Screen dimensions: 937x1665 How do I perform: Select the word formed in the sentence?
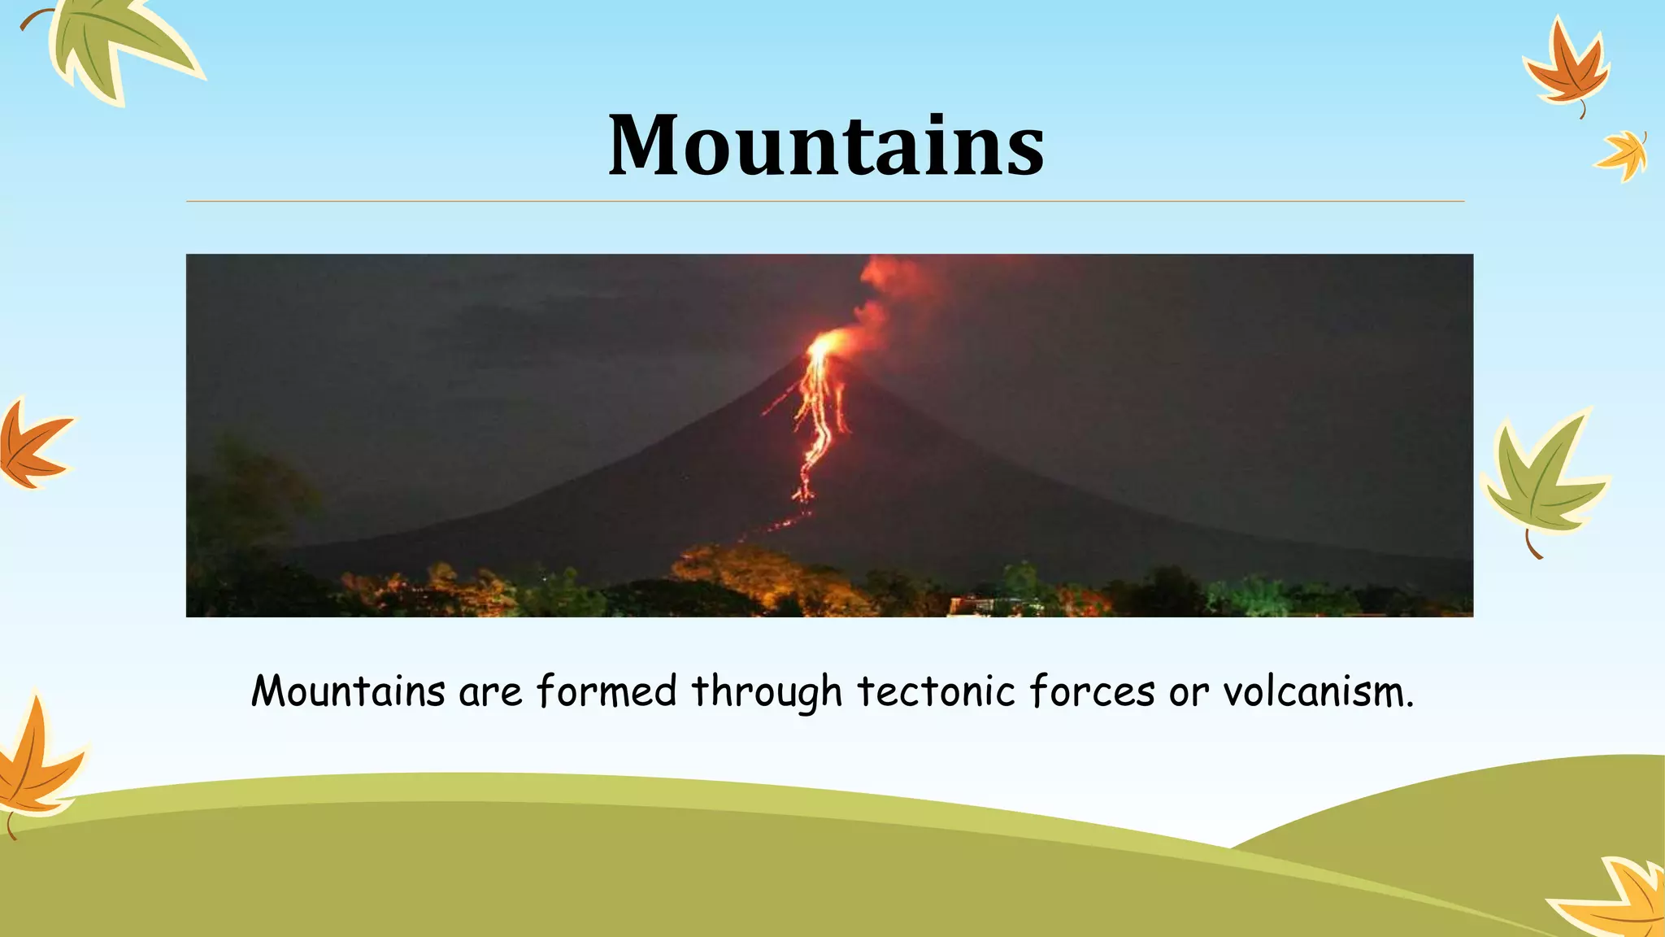(606, 691)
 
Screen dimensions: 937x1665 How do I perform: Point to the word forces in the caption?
(1092, 691)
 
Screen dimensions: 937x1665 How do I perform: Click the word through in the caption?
(766, 693)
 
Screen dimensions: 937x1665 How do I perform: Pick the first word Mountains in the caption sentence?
(348, 691)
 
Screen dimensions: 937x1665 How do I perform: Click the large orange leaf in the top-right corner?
(1565, 69)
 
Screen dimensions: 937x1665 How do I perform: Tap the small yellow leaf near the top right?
(1623, 155)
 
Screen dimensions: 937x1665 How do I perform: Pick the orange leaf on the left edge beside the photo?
(33, 446)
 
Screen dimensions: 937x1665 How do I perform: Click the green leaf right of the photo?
(1541, 480)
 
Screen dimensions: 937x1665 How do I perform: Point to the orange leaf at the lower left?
(37, 760)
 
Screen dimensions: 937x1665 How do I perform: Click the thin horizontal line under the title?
(825, 201)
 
